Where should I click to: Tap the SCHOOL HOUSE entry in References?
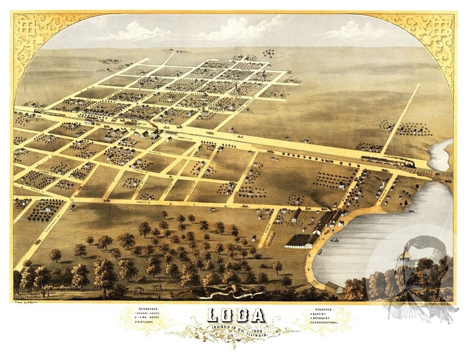coord(146,313)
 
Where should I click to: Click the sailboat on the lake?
coord(404,254)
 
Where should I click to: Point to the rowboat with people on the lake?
coord(334,241)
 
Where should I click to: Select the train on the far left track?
coord(50,114)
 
